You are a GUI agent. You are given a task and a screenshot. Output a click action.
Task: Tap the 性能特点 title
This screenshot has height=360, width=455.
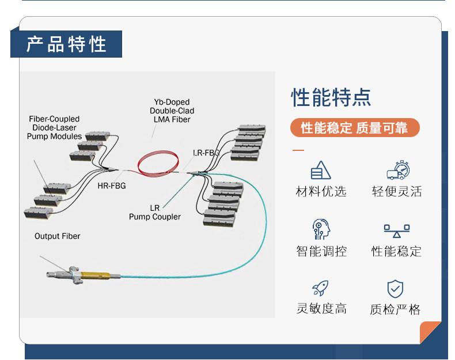[x=331, y=97]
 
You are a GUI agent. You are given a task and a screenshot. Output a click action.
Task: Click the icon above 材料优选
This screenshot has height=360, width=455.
[x=321, y=170]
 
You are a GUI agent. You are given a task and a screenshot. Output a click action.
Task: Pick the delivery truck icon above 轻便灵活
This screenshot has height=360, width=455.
[x=397, y=170]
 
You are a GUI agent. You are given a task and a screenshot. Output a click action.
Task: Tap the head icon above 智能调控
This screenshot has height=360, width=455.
[x=321, y=229]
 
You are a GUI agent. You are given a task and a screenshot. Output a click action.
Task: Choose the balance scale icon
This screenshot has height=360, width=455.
[x=396, y=230]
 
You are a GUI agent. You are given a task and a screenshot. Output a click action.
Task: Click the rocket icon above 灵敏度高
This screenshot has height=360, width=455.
[x=320, y=288]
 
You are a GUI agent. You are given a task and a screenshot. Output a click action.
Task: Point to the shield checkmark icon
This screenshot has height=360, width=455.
[x=395, y=289]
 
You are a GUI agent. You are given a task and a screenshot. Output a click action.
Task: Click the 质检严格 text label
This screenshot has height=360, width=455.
[x=395, y=309]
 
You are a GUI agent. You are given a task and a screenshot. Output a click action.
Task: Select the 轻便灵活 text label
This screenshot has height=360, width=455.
[x=397, y=192]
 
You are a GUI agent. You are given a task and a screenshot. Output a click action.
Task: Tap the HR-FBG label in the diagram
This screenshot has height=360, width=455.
[x=111, y=185]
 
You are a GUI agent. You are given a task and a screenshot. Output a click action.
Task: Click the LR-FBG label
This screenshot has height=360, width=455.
[x=206, y=153]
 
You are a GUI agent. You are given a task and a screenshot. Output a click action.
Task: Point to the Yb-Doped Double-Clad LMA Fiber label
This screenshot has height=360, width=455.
[x=172, y=111]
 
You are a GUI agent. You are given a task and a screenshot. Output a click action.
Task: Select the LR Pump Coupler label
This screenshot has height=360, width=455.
[x=155, y=212]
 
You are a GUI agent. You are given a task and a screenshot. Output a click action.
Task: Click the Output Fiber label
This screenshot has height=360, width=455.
[x=58, y=236]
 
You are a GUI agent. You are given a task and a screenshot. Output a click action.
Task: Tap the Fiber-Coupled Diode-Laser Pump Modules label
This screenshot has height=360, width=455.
[x=54, y=127]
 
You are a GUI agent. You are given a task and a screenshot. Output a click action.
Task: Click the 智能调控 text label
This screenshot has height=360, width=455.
[x=321, y=251]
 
